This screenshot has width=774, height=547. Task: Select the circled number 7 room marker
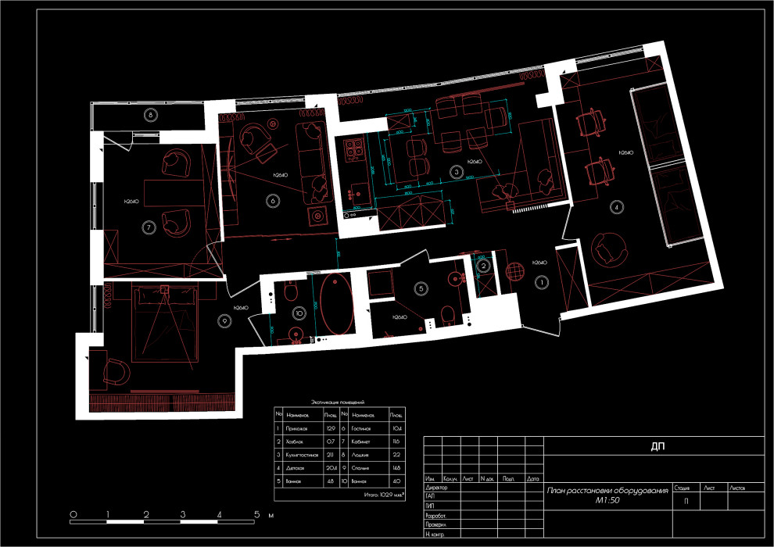(x=149, y=227)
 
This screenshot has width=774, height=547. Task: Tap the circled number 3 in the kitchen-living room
(x=456, y=170)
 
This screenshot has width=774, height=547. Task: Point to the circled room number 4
(x=618, y=207)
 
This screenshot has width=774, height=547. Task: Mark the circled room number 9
(x=225, y=320)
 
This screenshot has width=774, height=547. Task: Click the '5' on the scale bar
(x=256, y=515)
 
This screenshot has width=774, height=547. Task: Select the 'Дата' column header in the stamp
(x=533, y=477)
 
